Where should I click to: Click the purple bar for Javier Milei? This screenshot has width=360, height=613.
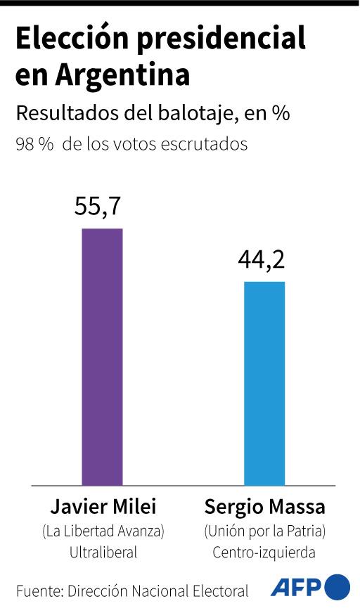[x=103, y=356]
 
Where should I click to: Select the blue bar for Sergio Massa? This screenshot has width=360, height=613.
[x=264, y=383]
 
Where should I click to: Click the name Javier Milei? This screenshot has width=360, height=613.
[x=103, y=508]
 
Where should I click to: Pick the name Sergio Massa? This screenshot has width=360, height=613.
[x=264, y=508]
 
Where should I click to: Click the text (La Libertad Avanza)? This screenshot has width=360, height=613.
[x=103, y=530]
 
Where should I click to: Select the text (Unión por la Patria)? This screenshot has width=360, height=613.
[x=264, y=530]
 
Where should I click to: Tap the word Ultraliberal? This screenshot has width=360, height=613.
[x=103, y=553]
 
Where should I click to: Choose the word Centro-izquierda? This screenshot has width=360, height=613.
[x=264, y=553]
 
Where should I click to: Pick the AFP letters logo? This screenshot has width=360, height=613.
[x=295, y=588]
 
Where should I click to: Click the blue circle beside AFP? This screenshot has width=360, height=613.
[x=337, y=587]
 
